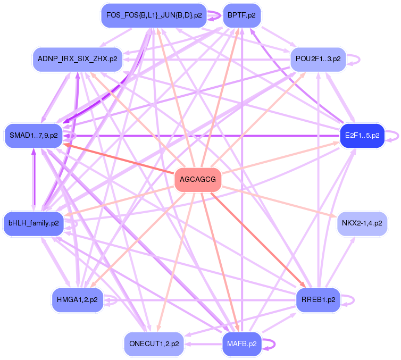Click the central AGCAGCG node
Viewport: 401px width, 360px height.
point(198,180)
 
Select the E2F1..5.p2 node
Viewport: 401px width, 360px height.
point(362,136)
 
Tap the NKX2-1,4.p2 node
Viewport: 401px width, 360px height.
point(362,223)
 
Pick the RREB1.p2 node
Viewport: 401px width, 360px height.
point(318,300)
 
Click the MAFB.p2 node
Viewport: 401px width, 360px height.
point(241,344)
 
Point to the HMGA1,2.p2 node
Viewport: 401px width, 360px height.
point(77,300)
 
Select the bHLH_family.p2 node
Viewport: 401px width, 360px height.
point(34,223)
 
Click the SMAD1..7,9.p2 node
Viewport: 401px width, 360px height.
point(34,136)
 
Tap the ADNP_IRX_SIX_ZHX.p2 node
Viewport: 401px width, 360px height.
point(78,58)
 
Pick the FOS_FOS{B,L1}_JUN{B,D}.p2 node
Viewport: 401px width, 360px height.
point(154,15)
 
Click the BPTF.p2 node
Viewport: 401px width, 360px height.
point(241,15)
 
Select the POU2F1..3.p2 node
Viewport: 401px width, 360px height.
point(318,58)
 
